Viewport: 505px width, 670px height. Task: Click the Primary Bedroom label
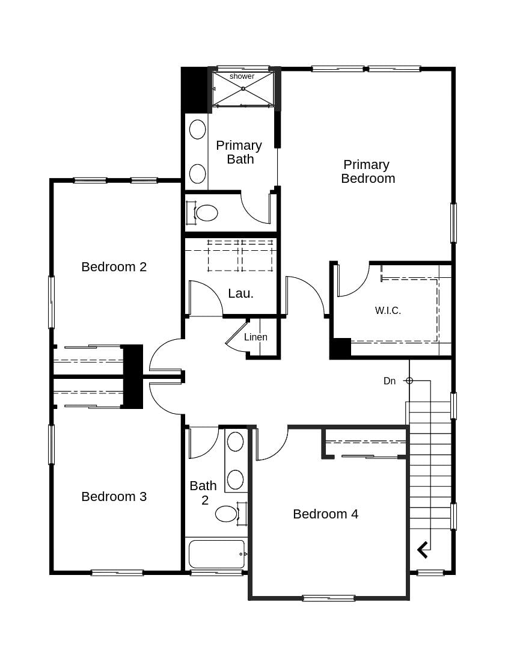(x=367, y=171)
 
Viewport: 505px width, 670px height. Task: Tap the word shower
(x=242, y=76)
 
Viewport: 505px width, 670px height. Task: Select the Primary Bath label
(x=239, y=152)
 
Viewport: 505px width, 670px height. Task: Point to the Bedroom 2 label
(x=114, y=266)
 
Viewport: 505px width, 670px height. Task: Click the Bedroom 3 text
(x=114, y=496)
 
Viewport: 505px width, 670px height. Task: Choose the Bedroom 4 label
(x=325, y=514)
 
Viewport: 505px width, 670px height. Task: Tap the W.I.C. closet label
(x=388, y=310)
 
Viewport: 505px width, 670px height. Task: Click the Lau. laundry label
(x=240, y=294)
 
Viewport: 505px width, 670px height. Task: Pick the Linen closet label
(x=256, y=337)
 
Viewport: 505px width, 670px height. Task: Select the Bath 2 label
(x=203, y=493)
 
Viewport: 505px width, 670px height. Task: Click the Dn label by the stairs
(x=390, y=381)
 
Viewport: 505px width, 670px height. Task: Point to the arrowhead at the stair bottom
(x=423, y=549)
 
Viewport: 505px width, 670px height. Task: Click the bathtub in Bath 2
(x=216, y=554)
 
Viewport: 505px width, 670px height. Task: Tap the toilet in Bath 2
(x=227, y=514)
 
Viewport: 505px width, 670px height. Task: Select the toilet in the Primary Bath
(x=206, y=213)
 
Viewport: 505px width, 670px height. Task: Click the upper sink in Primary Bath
(x=198, y=129)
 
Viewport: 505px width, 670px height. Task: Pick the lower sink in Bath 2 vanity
(x=235, y=479)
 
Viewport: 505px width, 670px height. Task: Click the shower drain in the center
(x=243, y=88)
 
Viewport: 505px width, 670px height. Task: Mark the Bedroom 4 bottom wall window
(x=328, y=598)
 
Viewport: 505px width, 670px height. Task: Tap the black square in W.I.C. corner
(x=341, y=348)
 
